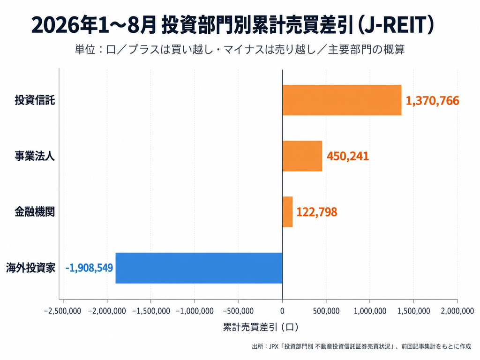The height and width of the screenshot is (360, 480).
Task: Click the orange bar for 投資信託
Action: (x=342, y=100)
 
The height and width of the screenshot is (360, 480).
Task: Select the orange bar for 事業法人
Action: (x=302, y=156)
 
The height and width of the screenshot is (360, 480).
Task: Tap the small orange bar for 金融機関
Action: (x=287, y=212)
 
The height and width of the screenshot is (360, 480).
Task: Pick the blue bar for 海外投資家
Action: (x=199, y=268)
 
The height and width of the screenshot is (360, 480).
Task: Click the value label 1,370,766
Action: (x=432, y=101)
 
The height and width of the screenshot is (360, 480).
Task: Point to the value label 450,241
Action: (x=348, y=156)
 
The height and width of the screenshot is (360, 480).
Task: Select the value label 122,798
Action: (x=317, y=212)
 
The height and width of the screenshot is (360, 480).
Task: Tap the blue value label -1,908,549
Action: (x=89, y=268)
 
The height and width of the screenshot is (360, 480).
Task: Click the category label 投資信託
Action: (x=35, y=100)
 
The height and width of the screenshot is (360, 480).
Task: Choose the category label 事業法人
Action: (x=35, y=156)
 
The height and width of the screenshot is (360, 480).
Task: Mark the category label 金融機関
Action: (x=35, y=212)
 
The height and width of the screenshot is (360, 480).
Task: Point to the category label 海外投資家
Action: (x=30, y=268)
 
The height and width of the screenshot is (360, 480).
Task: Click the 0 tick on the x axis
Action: (x=282, y=311)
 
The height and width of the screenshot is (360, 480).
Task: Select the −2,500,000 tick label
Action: (x=62, y=311)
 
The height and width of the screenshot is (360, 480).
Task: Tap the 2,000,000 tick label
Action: (x=457, y=311)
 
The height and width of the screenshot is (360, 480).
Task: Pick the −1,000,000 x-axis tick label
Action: (x=195, y=311)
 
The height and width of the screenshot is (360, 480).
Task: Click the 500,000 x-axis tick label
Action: (x=326, y=311)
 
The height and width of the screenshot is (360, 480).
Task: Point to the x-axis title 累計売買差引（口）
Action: (x=261, y=327)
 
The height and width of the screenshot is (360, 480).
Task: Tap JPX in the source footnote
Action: (x=274, y=346)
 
